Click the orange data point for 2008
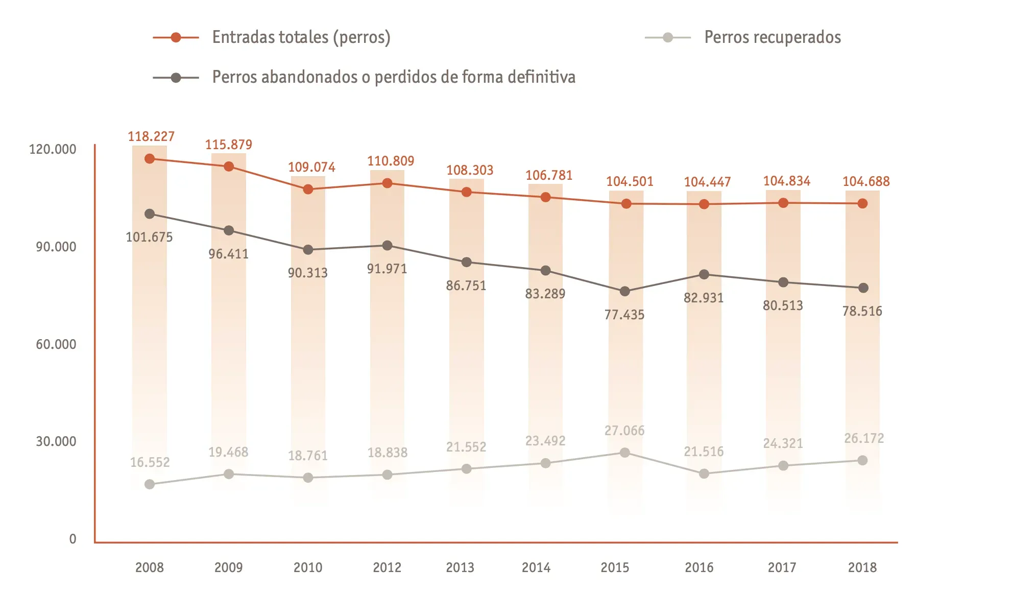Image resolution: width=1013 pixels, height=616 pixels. [150, 159]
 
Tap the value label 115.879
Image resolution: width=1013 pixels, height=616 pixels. [228, 145]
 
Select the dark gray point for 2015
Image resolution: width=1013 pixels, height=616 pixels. [624, 291]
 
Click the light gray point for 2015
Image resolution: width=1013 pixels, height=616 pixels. [624, 453]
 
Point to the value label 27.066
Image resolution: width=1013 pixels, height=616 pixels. [624, 431]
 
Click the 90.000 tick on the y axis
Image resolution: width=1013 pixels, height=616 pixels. [56, 247]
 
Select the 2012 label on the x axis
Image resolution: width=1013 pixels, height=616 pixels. [387, 567]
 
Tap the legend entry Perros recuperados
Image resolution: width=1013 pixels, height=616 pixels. [772, 37]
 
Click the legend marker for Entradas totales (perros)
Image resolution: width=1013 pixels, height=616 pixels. [176, 37]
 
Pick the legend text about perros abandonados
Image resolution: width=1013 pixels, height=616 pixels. [393, 77]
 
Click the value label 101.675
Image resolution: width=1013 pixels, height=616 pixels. [149, 237]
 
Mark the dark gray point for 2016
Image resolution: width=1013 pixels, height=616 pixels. [704, 274]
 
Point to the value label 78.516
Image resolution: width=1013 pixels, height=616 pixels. [862, 311]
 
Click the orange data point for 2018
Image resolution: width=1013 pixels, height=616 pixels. [862, 203]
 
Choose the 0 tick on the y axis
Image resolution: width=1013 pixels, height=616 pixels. [73, 539]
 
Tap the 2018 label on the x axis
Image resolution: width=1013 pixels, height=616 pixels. [862, 567]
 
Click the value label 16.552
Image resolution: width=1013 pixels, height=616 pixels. [150, 462]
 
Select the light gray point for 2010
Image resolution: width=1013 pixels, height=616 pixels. [308, 478]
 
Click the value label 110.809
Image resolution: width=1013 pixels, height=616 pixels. [391, 161]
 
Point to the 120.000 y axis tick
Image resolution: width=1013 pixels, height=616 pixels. [53, 149]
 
